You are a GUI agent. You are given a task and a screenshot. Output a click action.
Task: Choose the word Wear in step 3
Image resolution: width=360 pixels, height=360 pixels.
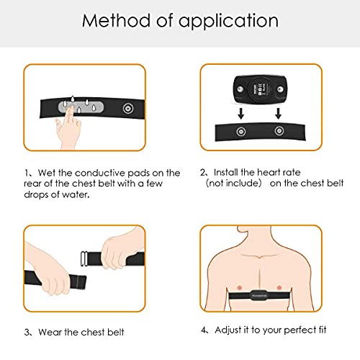click(48, 333)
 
